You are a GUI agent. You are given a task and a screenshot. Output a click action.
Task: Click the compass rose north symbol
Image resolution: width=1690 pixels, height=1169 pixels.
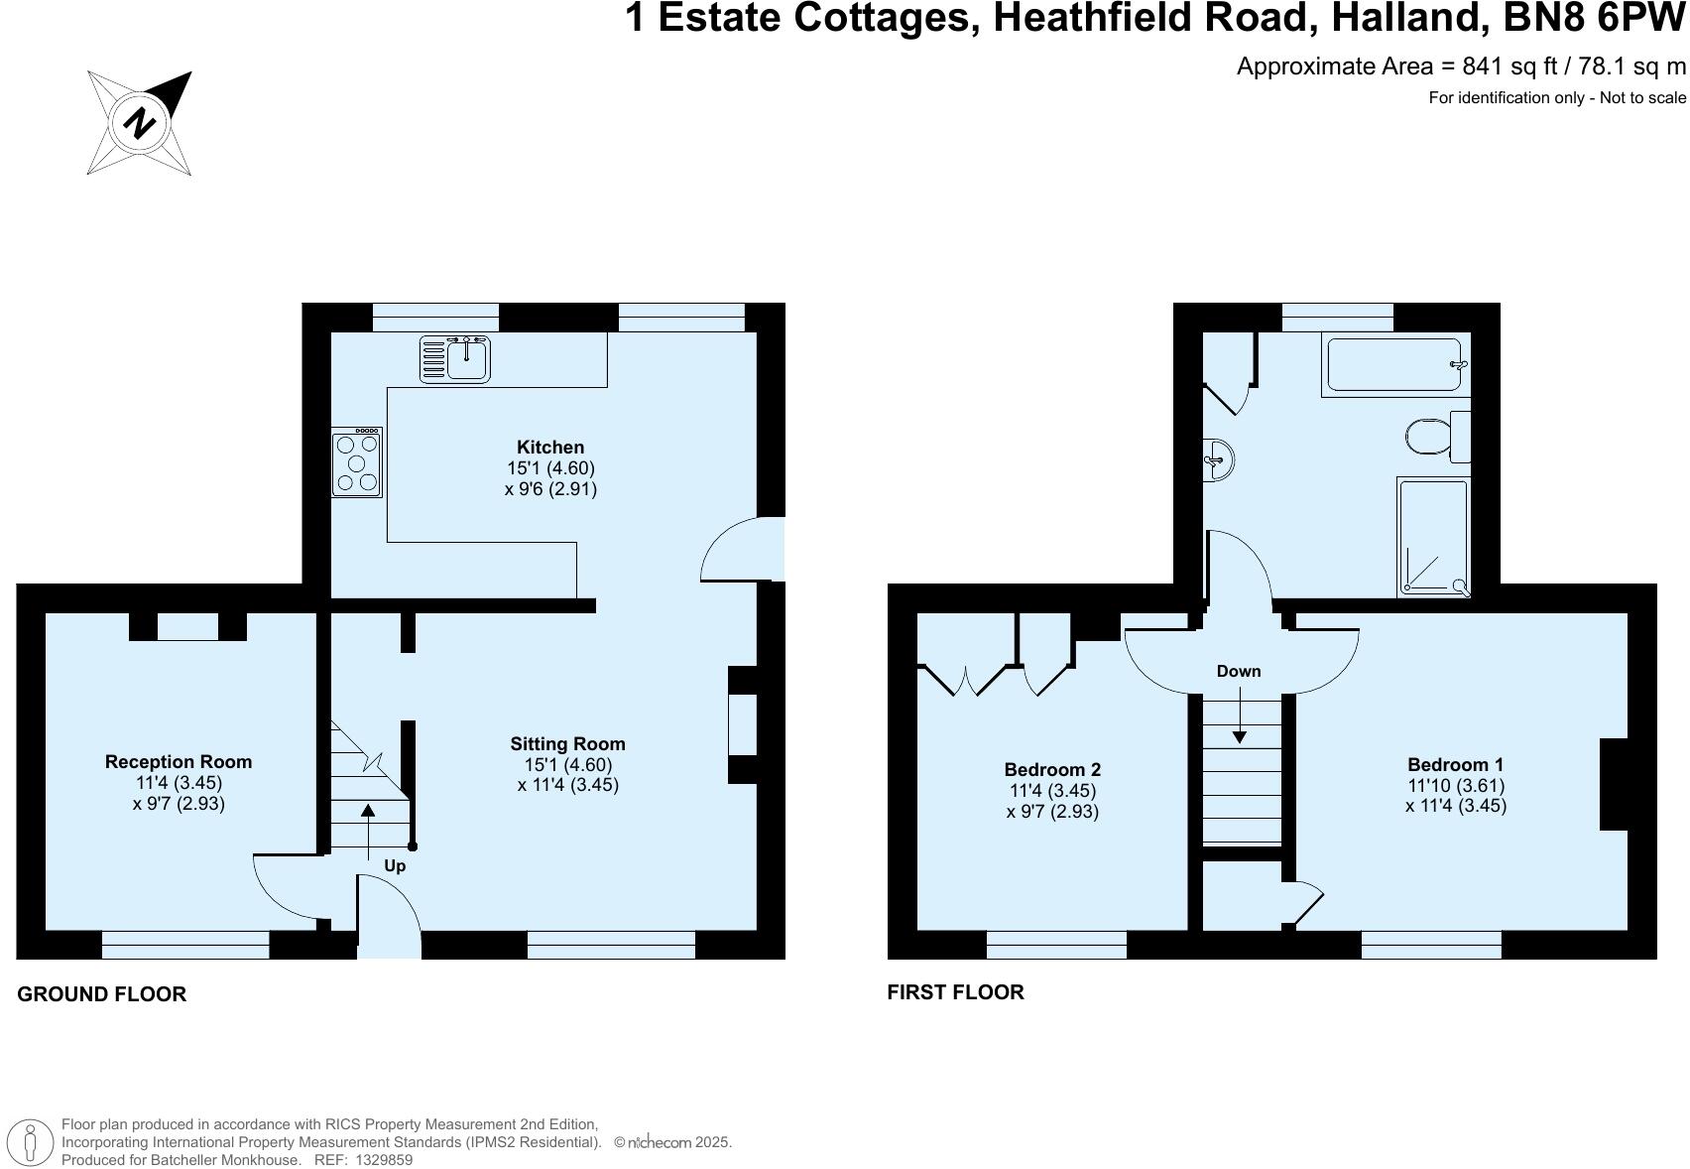pyautogui.click(x=140, y=123)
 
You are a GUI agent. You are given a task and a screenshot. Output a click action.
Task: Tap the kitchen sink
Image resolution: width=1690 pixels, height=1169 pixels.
pyautogui.click(x=456, y=358)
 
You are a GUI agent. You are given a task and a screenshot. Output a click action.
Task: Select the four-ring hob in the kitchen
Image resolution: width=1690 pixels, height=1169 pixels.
pyautogui.click(x=357, y=461)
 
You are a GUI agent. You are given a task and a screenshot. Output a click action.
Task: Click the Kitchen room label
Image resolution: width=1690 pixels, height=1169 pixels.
pyautogui.click(x=550, y=448)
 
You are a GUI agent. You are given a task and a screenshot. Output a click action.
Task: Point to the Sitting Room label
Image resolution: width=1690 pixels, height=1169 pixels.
pyautogui.click(x=567, y=743)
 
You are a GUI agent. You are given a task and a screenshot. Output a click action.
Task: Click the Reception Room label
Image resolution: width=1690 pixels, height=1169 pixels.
pyautogui.click(x=179, y=761)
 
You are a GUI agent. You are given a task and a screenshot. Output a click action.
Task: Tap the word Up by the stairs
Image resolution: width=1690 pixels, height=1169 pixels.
pyautogui.click(x=395, y=865)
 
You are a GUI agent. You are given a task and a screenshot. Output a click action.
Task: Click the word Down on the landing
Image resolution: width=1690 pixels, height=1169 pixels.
pyautogui.click(x=1239, y=671)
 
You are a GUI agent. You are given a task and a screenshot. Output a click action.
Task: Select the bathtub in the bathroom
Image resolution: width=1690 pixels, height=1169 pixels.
pyautogui.click(x=1394, y=366)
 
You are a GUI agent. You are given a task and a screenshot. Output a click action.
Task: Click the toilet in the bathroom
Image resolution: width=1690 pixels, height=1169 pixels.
pyautogui.click(x=1434, y=436)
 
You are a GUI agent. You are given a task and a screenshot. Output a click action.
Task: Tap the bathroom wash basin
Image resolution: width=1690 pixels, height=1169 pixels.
pyautogui.click(x=1219, y=459)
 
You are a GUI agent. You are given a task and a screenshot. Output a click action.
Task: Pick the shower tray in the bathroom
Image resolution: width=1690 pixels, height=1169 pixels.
pyautogui.click(x=1433, y=537)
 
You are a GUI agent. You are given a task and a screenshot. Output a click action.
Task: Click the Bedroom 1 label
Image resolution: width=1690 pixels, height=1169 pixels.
pyautogui.click(x=1455, y=764)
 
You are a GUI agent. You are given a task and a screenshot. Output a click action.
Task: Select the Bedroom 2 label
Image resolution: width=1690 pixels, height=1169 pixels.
pyautogui.click(x=1052, y=769)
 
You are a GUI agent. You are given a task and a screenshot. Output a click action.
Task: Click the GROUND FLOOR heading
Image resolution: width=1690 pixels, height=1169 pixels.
pyautogui.click(x=102, y=994)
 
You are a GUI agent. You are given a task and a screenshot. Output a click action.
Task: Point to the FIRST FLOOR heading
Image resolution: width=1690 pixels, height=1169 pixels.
pyautogui.click(x=955, y=992)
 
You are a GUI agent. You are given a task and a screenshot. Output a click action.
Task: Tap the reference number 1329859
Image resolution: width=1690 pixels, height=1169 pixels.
pyautogui.click(x=384, y=1159)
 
